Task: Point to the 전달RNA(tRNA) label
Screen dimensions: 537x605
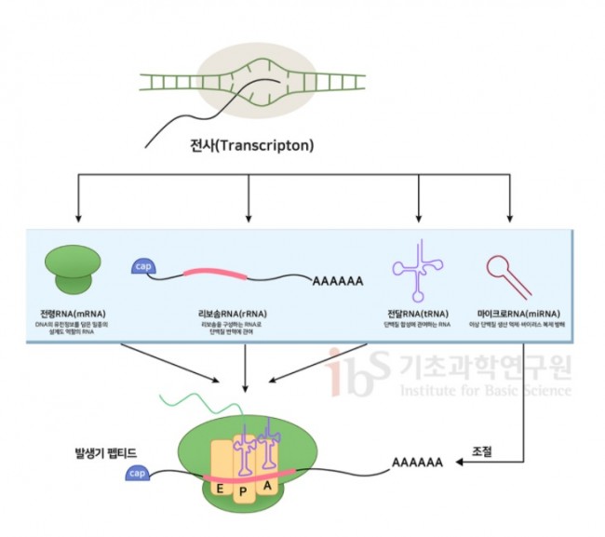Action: [419, 314]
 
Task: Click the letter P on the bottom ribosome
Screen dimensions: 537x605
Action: [243, 491]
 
